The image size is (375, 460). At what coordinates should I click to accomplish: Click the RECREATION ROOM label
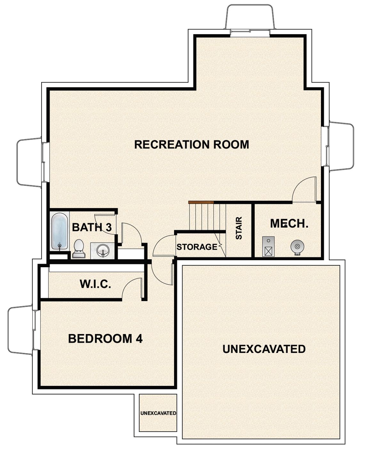(x=191, y=145)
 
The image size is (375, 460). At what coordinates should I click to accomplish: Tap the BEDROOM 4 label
(x=105, y=339)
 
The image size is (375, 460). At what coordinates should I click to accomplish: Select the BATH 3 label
(x=92, y=228)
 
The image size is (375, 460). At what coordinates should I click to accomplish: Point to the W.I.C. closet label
(x=95, y=284)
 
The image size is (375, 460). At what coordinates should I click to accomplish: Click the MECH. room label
(x=289, y=223)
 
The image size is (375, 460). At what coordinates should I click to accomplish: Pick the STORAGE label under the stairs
(x=197, y=247)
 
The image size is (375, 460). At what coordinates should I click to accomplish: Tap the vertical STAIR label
(x=239, y=228)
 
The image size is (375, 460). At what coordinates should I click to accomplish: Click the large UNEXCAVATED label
(x=264, y=349)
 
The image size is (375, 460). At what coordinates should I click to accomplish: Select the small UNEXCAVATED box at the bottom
(x=158, y=413)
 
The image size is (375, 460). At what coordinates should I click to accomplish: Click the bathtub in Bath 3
(x=60, y=231)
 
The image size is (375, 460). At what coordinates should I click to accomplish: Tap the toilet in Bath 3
(x=78, y=249)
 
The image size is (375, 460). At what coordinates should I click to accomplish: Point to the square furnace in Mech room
(x=268, y=247)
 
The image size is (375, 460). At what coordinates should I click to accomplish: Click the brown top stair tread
(x=201, y=202)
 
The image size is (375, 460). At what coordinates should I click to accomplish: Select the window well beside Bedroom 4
(x=20, y=330)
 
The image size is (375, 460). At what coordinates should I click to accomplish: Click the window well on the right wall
(x=342, y=146)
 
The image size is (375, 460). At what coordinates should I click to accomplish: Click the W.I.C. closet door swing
(x=132, y=288)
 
